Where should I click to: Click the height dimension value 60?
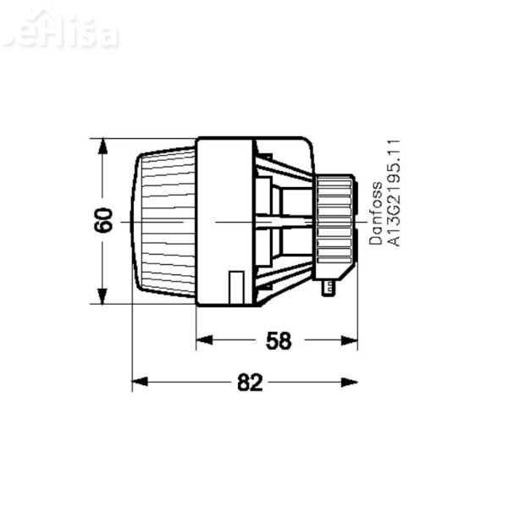(x=102, y=222)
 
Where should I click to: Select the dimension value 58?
(x=278, y=340)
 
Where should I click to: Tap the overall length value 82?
(x=248, y=384)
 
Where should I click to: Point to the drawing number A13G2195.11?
(x=393, y=194)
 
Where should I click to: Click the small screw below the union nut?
(x=328, y=290)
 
